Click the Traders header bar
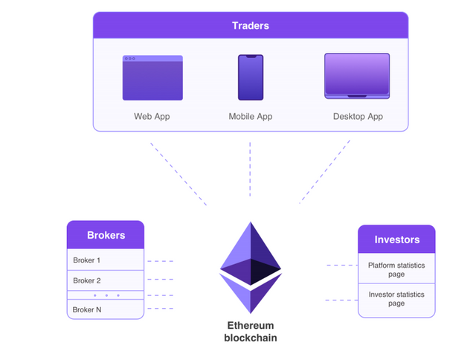click(250, 25)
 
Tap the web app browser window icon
click(152, 77)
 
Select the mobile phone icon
click(250, 77)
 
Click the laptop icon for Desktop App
click(357, 76)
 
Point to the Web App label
click(152, 117)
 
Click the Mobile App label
click(250, 117)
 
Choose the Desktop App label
click(358, 117)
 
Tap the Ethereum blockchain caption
click(250, 332)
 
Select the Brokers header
click(106, 235)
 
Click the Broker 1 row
click(106, 260)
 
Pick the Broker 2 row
click(106, 280)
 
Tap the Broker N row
click(106, 309)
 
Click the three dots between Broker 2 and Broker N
click(106, 295)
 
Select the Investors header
click(396, 240)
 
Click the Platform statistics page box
click(396, 269)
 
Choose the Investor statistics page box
click(396, 299)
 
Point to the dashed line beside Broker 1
click(161, 261)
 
